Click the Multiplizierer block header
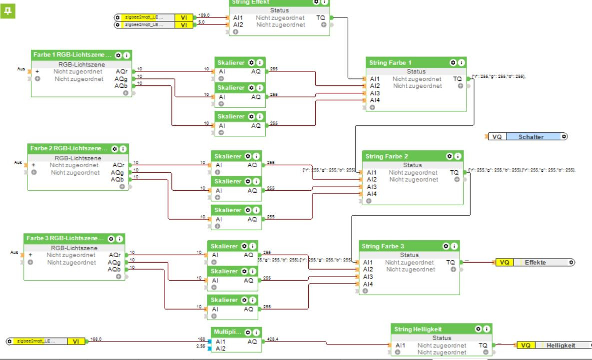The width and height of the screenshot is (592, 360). click(x=227, y=332)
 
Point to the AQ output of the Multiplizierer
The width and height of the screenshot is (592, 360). click(x=255, y=341)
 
